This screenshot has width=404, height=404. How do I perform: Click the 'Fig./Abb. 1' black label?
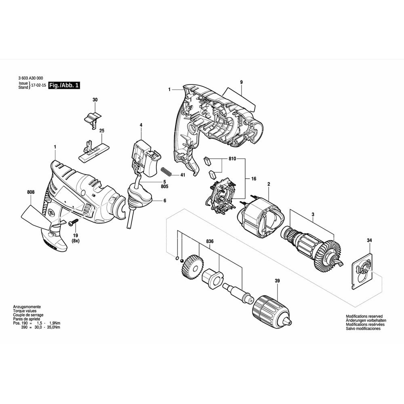pos(64,85)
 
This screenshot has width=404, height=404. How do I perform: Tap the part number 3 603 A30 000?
pos(31,78)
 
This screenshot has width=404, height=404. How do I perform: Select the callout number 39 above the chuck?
pos(277,281)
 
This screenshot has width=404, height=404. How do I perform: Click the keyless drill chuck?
pos(272,313)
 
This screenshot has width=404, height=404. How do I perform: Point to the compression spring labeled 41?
pos(166,171)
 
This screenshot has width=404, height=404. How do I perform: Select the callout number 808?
pos(30,192)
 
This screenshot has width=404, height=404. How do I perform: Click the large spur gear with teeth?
pos(190,267)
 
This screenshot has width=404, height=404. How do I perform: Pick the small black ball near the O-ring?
pos(182,261)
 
